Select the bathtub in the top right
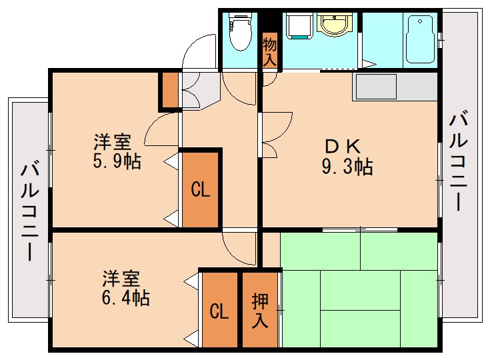click(420, 39)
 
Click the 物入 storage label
click(269, 51)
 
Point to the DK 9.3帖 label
click(346, 156)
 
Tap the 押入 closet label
click(260, 311)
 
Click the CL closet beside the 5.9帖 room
click(201, 190)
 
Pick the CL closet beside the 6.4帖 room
click(219, 311)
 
